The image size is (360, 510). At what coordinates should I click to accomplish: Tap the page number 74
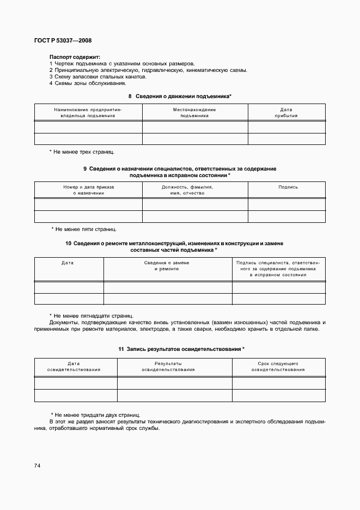tap(37, 465)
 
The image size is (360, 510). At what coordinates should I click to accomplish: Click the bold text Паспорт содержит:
tap(75, 57)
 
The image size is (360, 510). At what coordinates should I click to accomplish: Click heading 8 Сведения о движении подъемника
tap(180, 96)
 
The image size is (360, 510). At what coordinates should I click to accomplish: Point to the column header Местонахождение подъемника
tap(194, 113)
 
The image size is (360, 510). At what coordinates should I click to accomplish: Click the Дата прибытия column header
tap(286, 113)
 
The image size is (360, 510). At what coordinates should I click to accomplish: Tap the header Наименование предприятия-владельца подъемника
tap(88, 113)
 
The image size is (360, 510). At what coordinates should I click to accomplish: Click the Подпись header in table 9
tap(288, 187)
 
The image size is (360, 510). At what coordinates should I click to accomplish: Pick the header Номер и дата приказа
tap(88, 190)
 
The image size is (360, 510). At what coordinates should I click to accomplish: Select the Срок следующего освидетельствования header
tap(278, 366)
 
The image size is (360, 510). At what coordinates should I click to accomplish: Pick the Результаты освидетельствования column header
tap(168, 366)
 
